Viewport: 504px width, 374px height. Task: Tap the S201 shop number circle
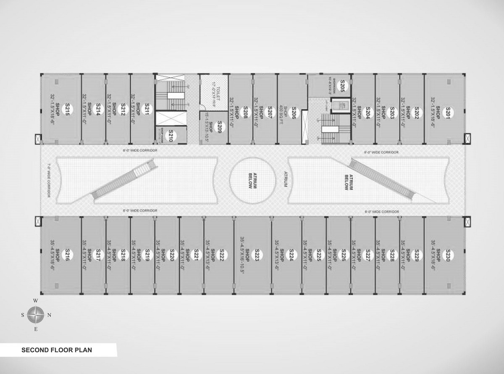(x=448, y=112)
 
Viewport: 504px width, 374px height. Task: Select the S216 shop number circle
(x=67, y=255)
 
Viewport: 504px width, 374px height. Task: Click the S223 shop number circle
(x=257, y=255)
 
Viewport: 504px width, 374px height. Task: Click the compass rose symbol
(x=36, y=314)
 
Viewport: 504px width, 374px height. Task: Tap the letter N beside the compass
(x=49, y=315)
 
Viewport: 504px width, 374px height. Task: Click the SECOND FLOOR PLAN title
(x=57, y=350)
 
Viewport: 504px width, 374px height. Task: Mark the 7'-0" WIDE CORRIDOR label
(x=49, y=180)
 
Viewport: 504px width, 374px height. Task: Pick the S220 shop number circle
(x=172, y=255)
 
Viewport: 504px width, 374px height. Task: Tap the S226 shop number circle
(x=344, y=255)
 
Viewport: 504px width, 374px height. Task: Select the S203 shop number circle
(x=392, y=112)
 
